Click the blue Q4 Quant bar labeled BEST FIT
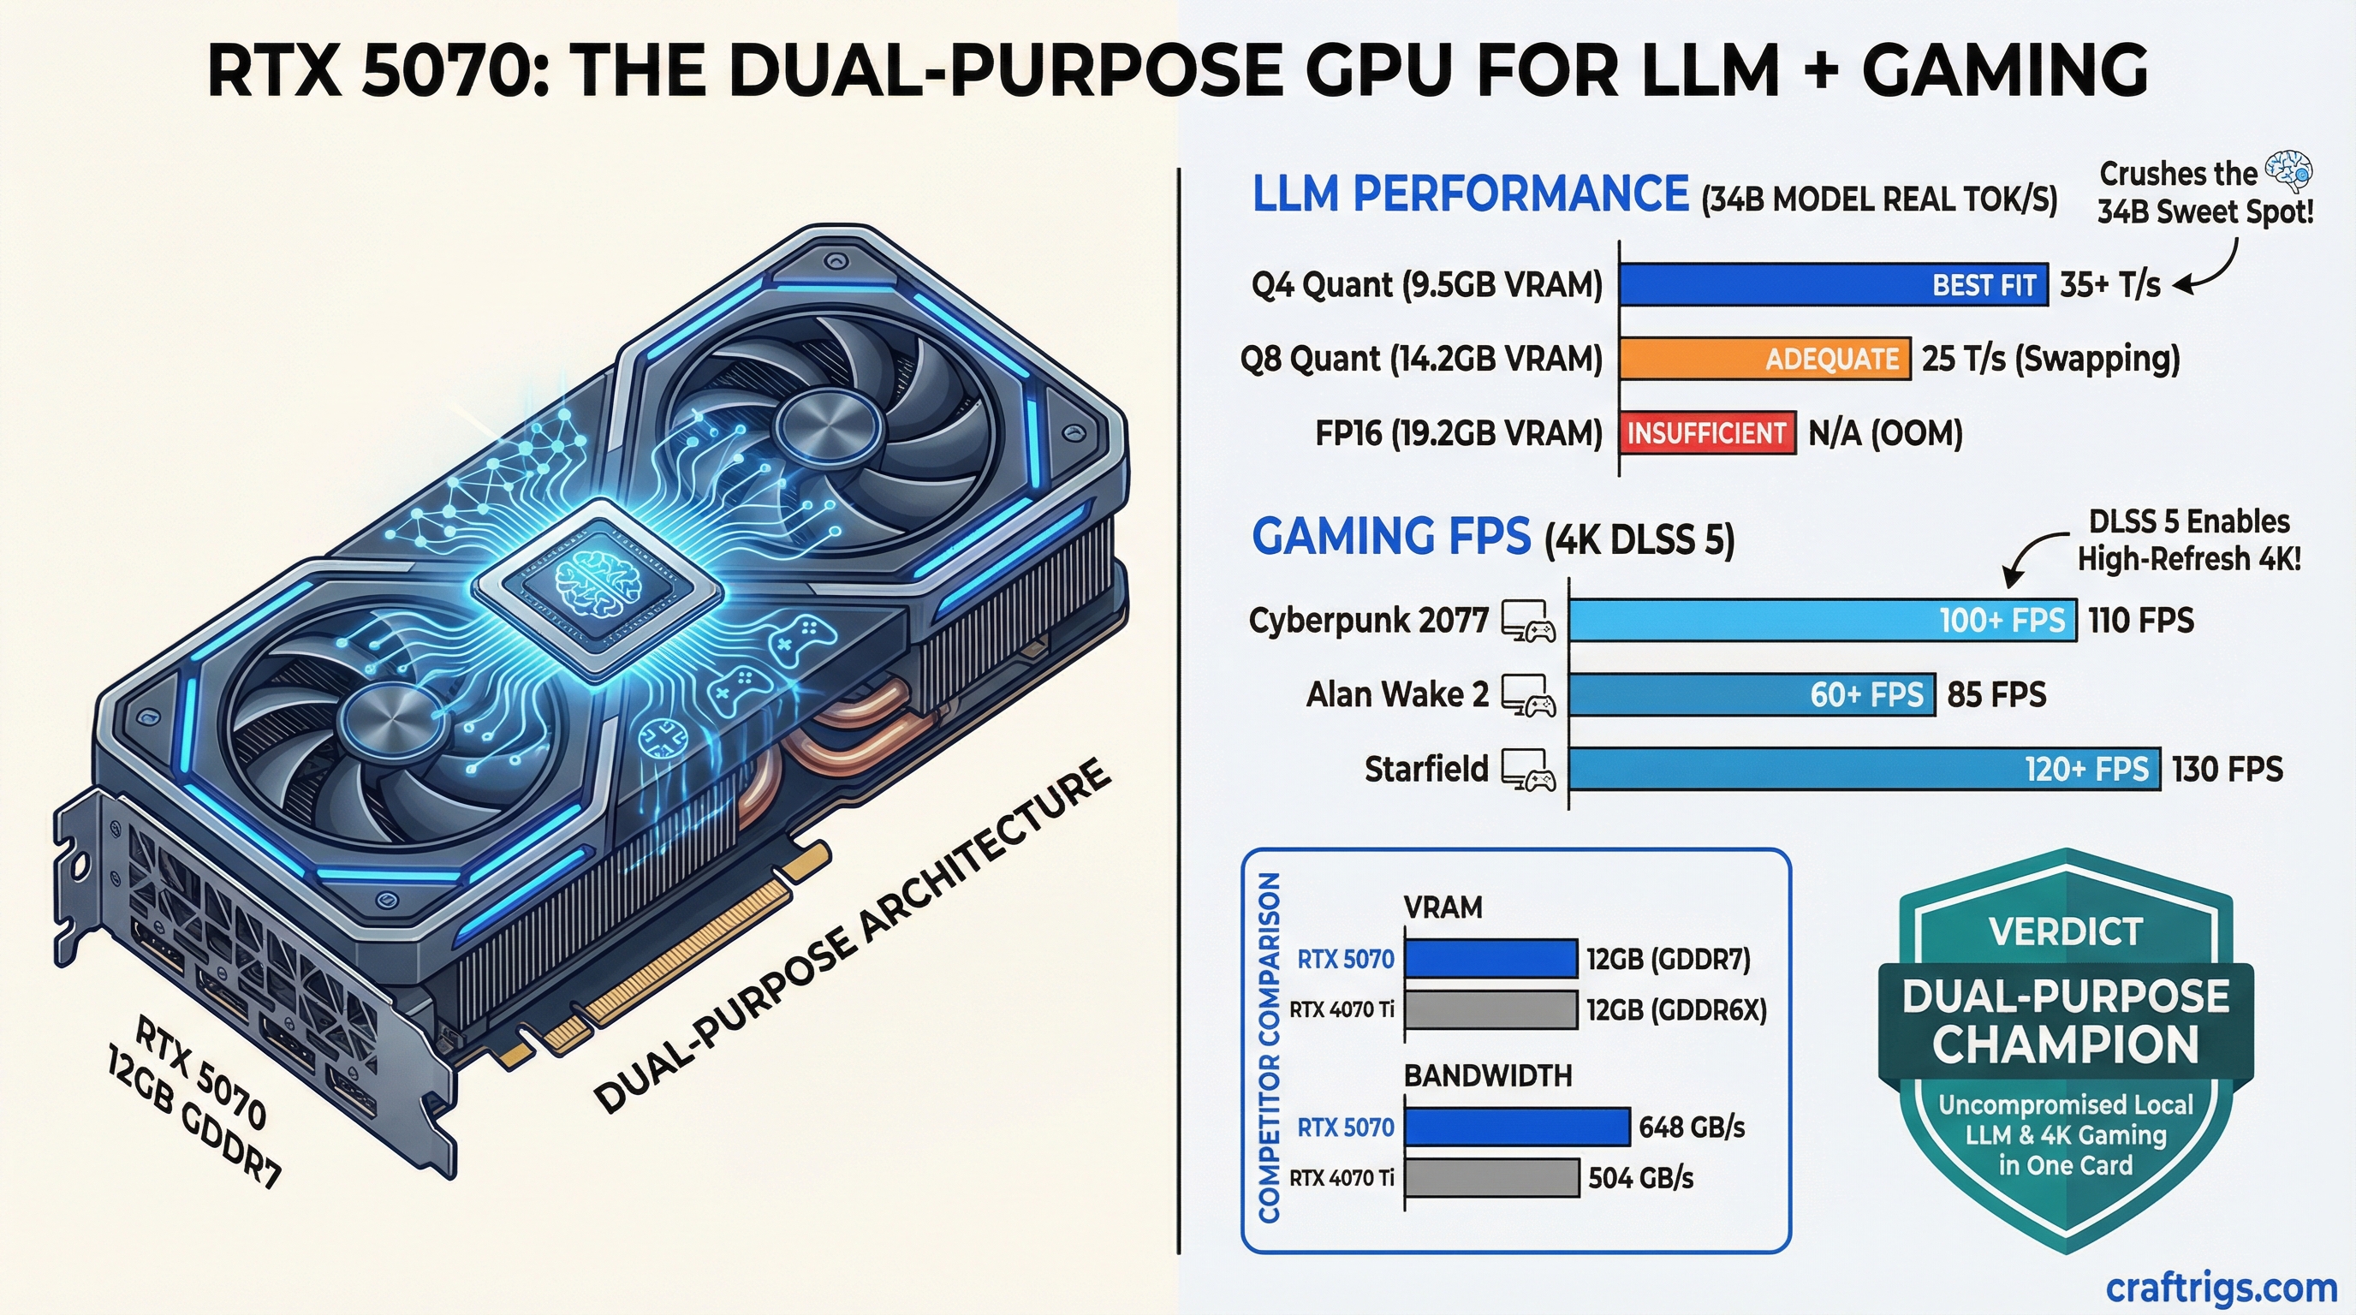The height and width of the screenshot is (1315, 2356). [1833, 284]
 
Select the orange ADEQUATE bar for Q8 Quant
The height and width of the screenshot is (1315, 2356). [1765, 359]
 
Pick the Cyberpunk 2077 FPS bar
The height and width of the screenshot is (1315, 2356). [1822, 620]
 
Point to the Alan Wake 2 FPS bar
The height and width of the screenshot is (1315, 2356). [1752, 695]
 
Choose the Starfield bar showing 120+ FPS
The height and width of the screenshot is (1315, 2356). [1864, 769]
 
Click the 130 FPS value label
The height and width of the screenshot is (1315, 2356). [2227, 769]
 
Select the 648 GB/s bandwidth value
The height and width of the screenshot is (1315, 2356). [1691, 1127]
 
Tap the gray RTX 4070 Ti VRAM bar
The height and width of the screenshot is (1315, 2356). [1490, 1009]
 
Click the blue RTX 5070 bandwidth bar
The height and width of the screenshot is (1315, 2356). [1516, 1127]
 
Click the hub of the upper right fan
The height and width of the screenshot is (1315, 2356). [829, 428]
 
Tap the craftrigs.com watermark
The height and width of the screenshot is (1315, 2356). [2221, 1288]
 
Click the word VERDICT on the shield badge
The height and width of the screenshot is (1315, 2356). [2065, 931]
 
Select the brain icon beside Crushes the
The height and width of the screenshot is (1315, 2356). [2288, 170]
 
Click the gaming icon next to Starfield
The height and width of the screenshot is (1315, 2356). [1527, 770]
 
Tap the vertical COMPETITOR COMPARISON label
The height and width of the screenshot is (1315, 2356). [1269, 1047]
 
